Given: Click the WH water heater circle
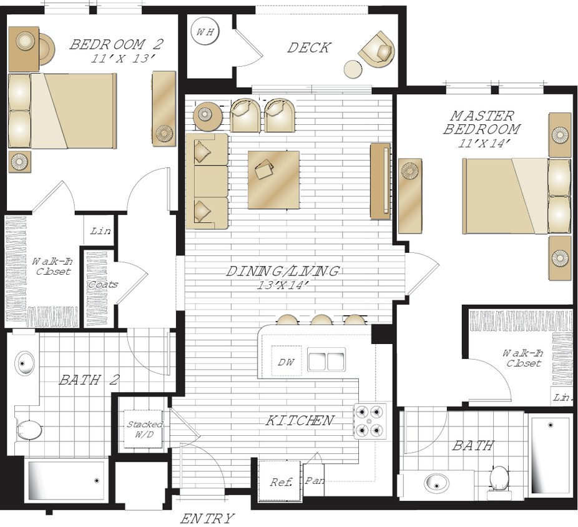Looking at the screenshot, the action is (205, 31).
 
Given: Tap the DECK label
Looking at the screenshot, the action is (308, 48).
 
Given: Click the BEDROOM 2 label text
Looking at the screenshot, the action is (116, 44).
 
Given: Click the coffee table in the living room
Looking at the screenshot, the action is (273, 180).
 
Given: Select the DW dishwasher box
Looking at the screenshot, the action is (286, 362).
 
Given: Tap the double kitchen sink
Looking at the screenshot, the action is (326, 359).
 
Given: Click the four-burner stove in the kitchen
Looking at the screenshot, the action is (371, 421).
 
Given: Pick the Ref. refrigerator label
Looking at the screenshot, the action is (281, 482).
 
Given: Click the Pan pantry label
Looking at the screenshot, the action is (315, 481).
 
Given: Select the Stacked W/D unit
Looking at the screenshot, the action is (144, 429).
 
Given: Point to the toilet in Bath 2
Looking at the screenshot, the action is (29, 430).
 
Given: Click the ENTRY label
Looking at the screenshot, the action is (207, 518).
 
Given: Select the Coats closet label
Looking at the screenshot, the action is (103, 285).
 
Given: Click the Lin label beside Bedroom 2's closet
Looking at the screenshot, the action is (100, 231).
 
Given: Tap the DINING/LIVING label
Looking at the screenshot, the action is (282, 272).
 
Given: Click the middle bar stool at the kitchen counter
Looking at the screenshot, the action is (321, 319).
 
